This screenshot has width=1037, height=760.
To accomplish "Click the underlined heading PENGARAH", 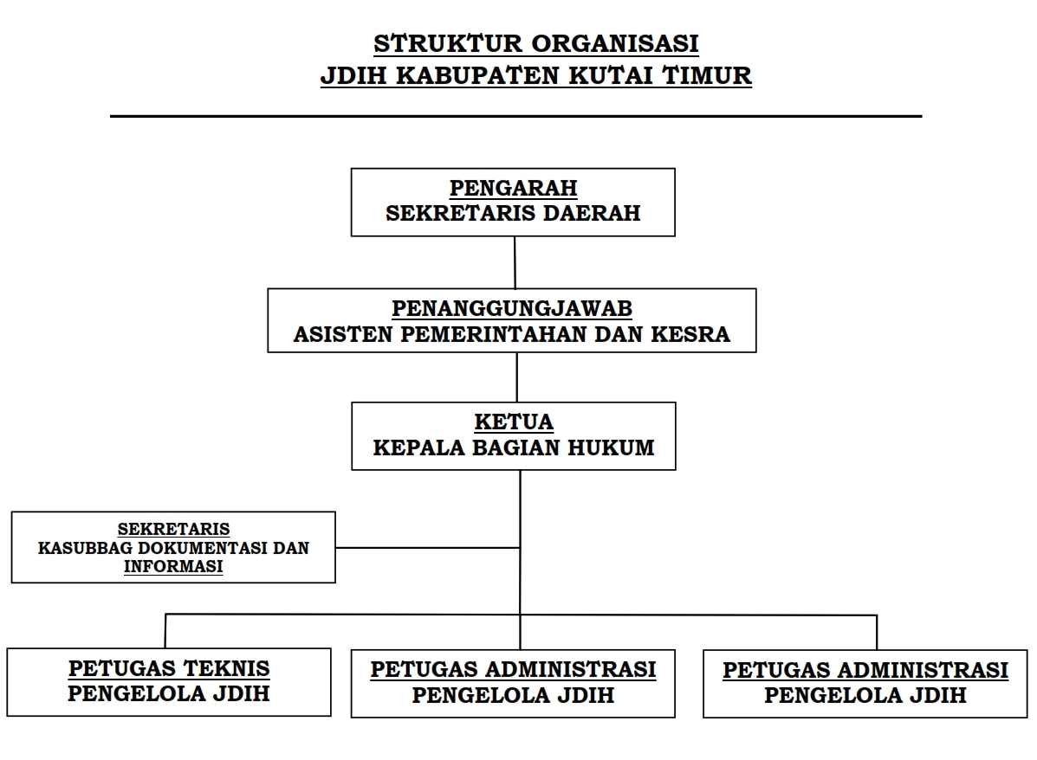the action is point(513,189).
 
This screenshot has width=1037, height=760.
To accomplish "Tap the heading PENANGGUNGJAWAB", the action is point(512,309).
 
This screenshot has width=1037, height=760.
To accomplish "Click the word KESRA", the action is point(690,334).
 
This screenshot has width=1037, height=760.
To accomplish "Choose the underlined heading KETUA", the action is point(514,422).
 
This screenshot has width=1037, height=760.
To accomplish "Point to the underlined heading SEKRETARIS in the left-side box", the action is point(174,530).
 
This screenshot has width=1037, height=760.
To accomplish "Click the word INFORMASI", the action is point(173,567).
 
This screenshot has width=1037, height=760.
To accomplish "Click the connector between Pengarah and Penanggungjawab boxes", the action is point(515,262).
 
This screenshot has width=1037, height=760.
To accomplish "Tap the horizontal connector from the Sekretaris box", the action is point(428,548).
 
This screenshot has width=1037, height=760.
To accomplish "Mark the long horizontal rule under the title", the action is point(515,116).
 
